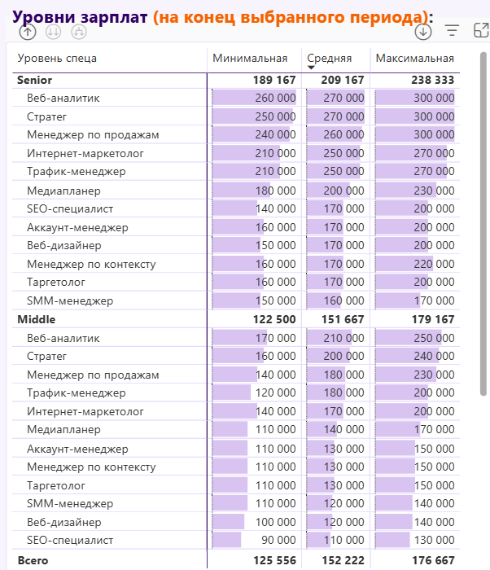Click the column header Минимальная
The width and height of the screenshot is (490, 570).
[250, 58]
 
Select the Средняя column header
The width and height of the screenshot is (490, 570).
[329, 58]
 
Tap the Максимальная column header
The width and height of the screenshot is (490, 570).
[414, 58]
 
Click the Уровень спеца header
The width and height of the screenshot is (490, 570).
[57, 58]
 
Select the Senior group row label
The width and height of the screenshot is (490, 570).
[34, 80]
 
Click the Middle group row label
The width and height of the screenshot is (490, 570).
[36, 319]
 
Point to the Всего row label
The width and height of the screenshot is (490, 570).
[33, 560]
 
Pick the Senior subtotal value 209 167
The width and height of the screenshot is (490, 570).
[343, 80]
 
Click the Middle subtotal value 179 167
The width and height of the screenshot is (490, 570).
[433, 319]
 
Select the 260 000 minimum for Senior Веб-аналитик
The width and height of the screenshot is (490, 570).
[275, 98]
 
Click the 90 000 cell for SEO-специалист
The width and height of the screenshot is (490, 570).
[278, 540]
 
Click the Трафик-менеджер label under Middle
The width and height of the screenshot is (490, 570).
[76, 393]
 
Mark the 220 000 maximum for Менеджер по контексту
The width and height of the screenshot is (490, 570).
[433, 264]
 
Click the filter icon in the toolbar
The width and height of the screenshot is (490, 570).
[452, 31]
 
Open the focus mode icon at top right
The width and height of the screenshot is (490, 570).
[480, 31]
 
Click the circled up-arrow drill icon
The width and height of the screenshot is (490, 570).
[28, 32]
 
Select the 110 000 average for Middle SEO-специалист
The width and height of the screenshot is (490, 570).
[343, 540]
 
